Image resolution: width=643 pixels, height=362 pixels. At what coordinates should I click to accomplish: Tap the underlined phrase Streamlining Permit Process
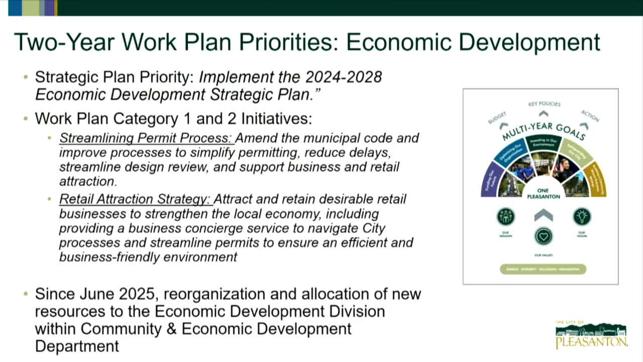click(x=146, y=138)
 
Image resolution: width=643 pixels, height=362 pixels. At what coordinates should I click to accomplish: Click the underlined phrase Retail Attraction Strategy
click(x=135, y=199)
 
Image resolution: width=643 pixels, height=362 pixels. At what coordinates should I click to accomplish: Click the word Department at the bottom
click(x=77, y=346)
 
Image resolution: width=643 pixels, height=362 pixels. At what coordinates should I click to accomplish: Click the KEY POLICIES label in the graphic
click(x=544, y=104)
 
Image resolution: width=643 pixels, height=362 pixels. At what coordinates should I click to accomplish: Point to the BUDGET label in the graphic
click(x=497, y=118)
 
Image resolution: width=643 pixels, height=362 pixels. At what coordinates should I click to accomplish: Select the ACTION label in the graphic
click(x=590, y=116)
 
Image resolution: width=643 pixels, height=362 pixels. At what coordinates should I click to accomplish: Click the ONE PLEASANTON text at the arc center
click(x=543, y=194)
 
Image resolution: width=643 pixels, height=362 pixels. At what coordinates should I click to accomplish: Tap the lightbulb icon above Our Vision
click(x=582, y=217)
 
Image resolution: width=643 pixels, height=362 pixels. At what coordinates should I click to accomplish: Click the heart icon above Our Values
click(x=544, y=236)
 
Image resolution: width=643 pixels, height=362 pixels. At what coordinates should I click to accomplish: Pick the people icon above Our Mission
click(x=505, y=217)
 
